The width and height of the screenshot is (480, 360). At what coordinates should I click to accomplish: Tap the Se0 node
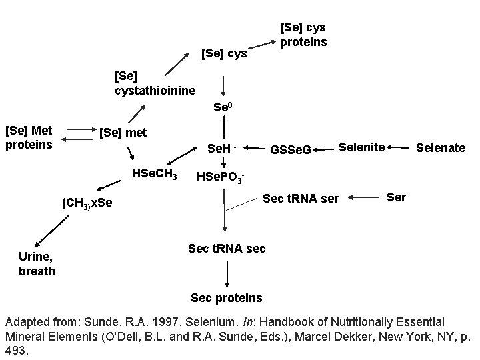click(x=223, y=107)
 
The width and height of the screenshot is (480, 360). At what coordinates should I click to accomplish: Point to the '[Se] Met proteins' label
click(x=30, y=137)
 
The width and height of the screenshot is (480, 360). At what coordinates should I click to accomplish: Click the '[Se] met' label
click(x=123, y=133)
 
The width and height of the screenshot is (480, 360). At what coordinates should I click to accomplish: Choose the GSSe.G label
click(x=290, y=150)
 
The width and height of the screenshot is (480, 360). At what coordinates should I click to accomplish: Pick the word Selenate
click(x=441, y=147)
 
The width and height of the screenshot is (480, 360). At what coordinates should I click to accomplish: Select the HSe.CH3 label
click(x=155, y=175)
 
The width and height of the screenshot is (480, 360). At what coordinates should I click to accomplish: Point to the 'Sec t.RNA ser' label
click(x=301, y=199)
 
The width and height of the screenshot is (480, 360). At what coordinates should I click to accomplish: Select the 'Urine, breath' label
click(x=37, y=264)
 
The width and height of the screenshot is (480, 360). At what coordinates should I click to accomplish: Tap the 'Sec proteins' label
click(x=227, y=297)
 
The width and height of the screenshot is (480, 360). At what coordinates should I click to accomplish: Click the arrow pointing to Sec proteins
click(x=227, y=273)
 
